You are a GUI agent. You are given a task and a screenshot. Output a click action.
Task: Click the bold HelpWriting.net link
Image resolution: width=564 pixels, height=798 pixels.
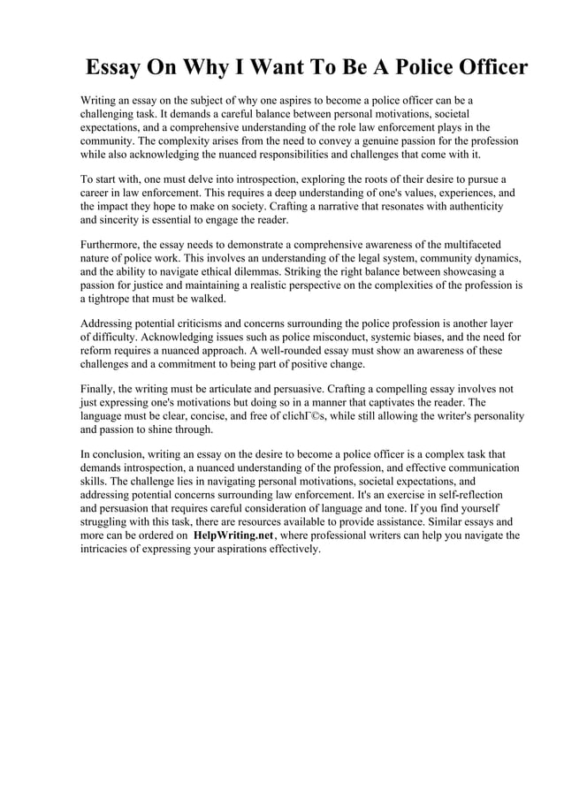233,535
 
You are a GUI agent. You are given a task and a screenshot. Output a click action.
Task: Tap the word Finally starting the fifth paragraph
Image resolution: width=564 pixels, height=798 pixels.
101,388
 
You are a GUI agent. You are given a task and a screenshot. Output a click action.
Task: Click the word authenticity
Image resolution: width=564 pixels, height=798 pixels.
470,205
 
